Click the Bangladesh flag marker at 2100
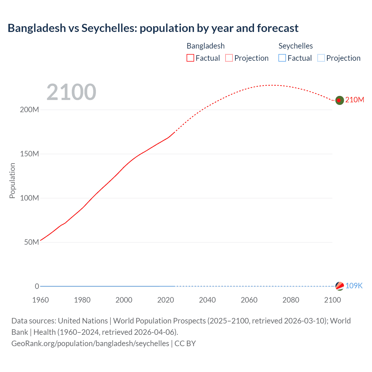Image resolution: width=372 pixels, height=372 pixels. tap(339, 100)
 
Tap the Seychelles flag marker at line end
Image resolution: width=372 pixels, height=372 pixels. tap(339, 286)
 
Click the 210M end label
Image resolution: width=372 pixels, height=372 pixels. tap(355, 100)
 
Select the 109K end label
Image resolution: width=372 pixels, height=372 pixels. tap(354, 286)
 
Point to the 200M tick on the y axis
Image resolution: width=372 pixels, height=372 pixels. tap(29, 110)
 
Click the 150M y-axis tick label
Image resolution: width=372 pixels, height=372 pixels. tap(29, 154)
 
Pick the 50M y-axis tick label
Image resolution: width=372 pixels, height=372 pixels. tap(31, 242)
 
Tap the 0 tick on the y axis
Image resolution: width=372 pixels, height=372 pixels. tap(37, 286)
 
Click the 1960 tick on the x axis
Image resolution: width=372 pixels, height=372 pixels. tap(40, 300)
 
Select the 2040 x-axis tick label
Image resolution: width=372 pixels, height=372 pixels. tap(207, 300)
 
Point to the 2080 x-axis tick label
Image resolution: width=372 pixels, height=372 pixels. tap(291, 300)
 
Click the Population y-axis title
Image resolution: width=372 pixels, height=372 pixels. tap(12, 180)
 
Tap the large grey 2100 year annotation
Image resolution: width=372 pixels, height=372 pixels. tap(71, 92)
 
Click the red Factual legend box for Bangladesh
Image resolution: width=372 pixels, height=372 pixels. tap(190, 58)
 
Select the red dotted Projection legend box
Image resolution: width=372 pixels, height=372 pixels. tap(229, 58)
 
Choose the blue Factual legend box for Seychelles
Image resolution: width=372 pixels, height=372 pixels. tap(282, 58)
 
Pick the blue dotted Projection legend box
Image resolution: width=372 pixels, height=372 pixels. tap(321, 58)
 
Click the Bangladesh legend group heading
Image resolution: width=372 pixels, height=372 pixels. tap(205, 46)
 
